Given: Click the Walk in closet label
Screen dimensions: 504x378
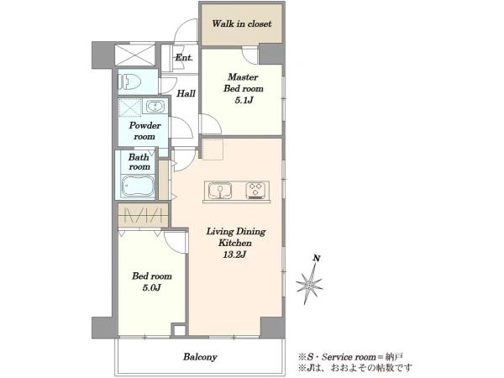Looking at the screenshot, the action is pyautogui.click(x=242, y=24).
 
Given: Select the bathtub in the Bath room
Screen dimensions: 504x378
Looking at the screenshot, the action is pyautogui.click(x=138, y=186).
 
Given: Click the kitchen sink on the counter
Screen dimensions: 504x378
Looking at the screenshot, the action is pyautogui.click(x=220, y=191).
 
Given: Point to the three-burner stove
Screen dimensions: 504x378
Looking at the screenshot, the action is pyautogui.click(x=256, y=191).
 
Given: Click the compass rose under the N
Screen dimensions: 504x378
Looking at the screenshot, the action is pyautogui.click(x=309, y=284).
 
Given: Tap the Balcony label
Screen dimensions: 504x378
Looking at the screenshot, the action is pyautogui.click(x=200, y=357).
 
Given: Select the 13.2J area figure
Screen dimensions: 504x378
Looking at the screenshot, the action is pyautogui.click(x=234, y=255).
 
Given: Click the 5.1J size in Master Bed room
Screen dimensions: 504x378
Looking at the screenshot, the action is pyautogui.click(x=244, y=100).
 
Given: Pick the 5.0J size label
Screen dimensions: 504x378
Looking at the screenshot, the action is pyautogui.click(x=152, y=287).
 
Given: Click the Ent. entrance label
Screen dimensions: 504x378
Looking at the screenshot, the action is pyautogui.click(x=184, y=58).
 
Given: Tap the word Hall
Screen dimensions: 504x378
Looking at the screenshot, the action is pyautogui.click(x=186, y=93).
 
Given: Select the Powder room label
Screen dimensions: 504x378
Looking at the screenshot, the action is pyautogui.click(x=144, y=131).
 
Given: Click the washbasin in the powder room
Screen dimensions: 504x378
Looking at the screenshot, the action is pyautogui.click(x=155, y=107).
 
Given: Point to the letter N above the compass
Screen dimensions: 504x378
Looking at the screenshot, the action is pyautogui.click(x=317, y=259).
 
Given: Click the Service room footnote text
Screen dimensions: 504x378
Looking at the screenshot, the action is pyautogui.click(x=350, y=357).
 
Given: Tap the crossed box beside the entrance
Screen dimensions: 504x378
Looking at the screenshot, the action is pyautogui.click(x=134, y=55).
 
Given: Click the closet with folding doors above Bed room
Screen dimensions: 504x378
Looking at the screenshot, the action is pyautogui.click(x=143, y=215).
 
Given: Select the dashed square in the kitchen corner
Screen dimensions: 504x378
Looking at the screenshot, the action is pyautogui.click(x=213, y=150).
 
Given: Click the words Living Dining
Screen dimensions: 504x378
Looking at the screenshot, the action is pyautogui.click(x=236, y=232).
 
